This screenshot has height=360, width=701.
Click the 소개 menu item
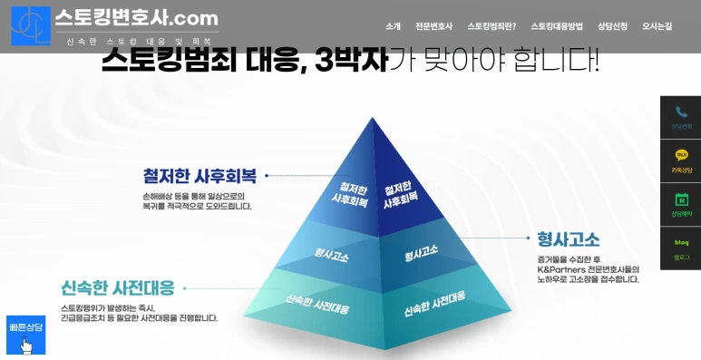coord(393,26)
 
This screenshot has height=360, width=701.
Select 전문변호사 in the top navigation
coord(433,26)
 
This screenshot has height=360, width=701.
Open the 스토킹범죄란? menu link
coord(492,26)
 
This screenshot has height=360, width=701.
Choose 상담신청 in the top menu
coord(612,26)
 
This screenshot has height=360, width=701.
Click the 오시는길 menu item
coord(657,26)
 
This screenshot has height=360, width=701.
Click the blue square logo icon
coord(31,25)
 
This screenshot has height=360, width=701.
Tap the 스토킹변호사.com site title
coord(136,17)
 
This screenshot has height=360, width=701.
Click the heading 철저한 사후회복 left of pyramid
coord(200,175)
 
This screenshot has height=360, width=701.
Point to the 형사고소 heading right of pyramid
coord(568,239)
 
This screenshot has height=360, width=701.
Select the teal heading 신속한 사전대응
coord(118,289)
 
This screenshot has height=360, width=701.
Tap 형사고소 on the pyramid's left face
coord(331,255)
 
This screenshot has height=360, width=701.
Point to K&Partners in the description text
coord(562,268)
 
